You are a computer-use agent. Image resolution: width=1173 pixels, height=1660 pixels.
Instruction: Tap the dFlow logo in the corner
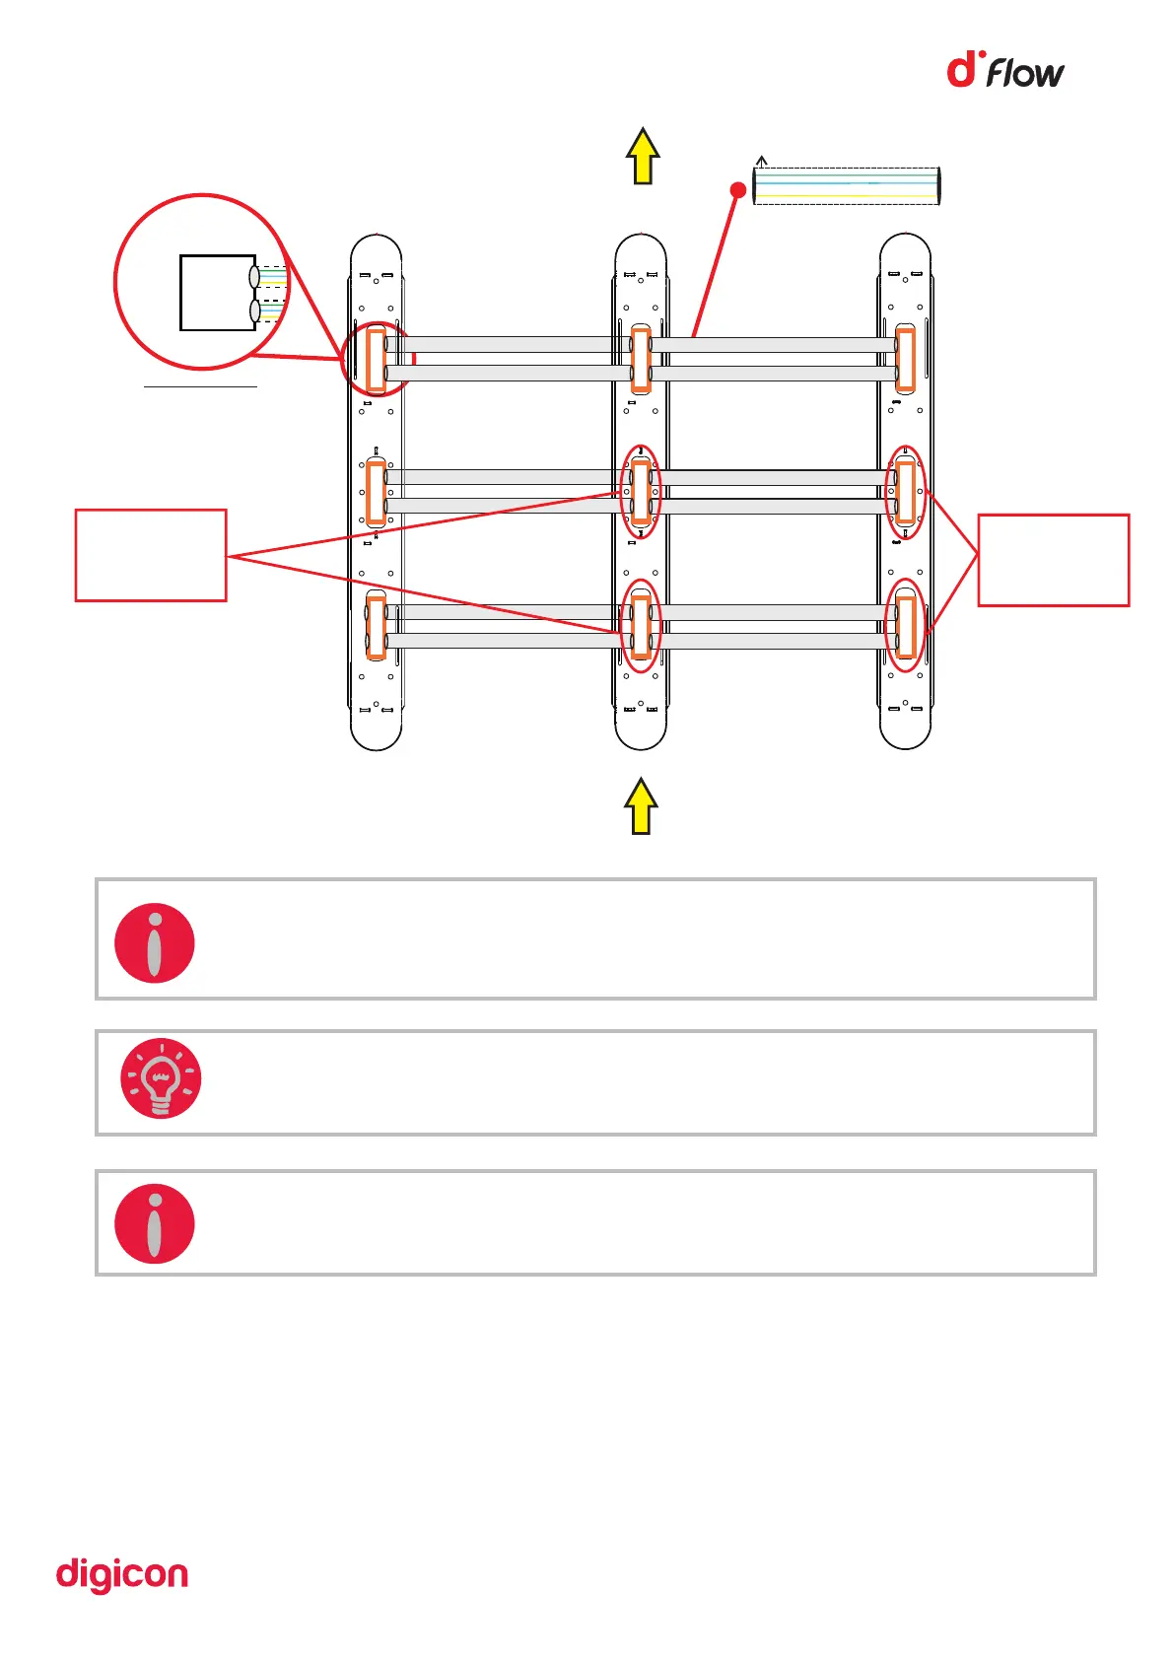(1004, 71)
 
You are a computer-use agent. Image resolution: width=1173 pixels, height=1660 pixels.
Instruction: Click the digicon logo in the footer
(122, 1574)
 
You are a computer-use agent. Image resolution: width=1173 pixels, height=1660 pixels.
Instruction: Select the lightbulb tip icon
(161, 1077)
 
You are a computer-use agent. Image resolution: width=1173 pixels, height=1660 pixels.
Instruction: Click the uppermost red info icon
(155, 942)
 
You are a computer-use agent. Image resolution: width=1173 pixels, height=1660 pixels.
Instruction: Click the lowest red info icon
(155, 1223)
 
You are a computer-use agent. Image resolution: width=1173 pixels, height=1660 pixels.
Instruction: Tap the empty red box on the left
(151, 555)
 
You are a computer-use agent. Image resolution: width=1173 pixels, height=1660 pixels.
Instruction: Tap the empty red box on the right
(1053, 560)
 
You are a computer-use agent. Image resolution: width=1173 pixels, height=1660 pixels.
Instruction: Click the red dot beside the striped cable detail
(737, 189)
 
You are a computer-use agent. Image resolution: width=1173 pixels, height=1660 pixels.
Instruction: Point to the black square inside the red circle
(218, 293)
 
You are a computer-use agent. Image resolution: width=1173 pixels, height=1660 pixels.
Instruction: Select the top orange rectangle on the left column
(376, 360)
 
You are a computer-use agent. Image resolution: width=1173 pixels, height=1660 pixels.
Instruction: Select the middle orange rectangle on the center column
(641, 491)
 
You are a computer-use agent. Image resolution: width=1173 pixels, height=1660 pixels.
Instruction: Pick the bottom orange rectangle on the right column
(906, 627)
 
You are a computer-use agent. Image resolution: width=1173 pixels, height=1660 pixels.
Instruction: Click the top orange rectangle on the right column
(905, 360)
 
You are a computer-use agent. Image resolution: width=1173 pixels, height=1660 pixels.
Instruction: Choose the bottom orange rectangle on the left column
(376, 627)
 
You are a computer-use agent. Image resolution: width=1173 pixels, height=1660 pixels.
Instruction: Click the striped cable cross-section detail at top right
(847, 185)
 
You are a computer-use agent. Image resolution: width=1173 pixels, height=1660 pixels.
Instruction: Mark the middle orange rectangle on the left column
(376, 491)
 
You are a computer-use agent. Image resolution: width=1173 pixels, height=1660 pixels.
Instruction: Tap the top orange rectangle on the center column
(641, 360)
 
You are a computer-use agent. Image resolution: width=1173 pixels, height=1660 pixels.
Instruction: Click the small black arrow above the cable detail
(761, 161)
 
